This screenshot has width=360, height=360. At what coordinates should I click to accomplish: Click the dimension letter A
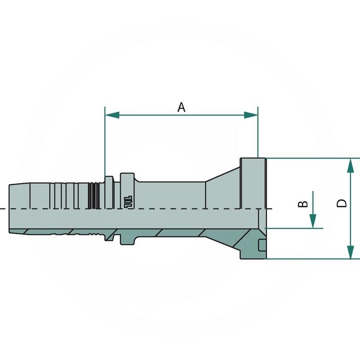(x=181, y=107)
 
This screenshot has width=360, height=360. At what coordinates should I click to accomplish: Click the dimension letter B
(x=304, y=204)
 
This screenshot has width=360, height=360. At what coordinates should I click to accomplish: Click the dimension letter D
(x=342, y=203)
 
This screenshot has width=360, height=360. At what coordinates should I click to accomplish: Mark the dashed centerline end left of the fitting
(x=2, y=210)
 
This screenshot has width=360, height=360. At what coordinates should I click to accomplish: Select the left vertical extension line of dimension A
(x=105, y=144)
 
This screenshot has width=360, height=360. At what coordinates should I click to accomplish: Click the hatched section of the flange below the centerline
(x=250, y=243)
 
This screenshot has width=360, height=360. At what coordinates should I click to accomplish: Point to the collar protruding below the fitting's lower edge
(x=127, y=239)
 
